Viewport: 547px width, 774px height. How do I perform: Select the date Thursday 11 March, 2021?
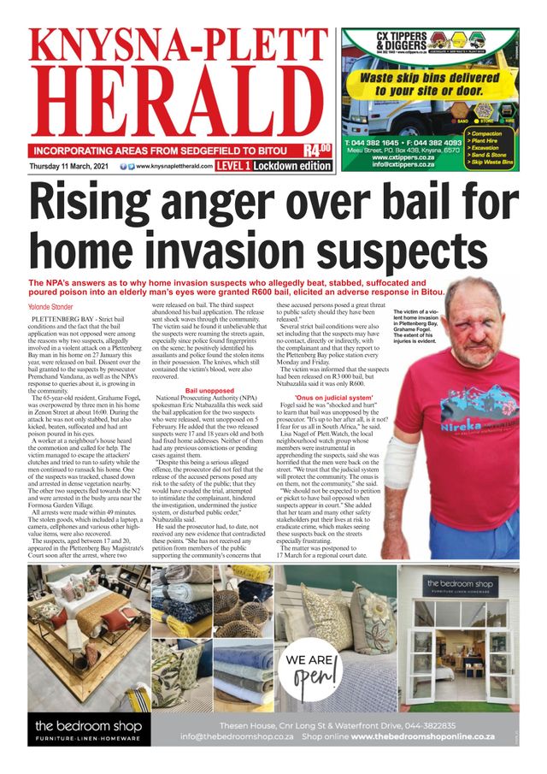(73, 166)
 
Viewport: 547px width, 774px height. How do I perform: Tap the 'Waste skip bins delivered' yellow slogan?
(426, 84)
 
